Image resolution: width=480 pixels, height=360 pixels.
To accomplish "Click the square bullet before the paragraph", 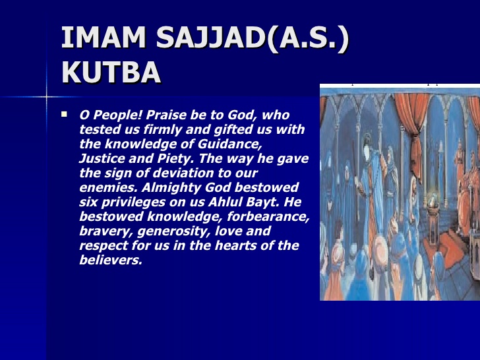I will tap(64, 114).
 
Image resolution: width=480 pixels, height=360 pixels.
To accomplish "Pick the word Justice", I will tap(102, 158).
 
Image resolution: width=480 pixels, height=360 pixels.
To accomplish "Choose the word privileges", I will tap(136, 202).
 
